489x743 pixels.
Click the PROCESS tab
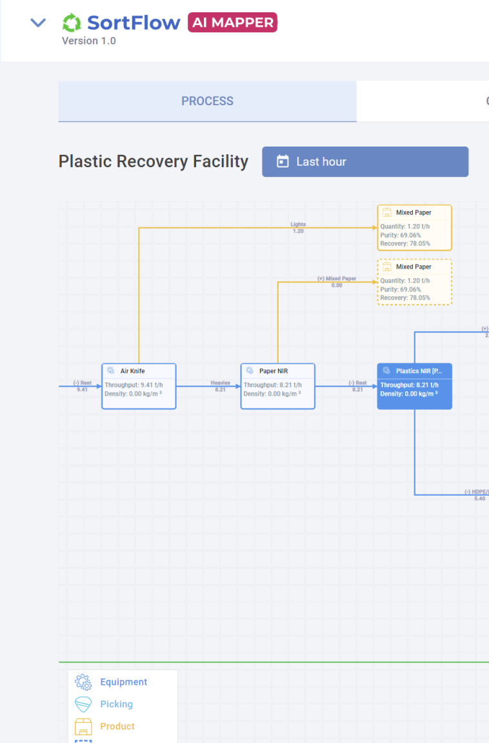click(207, 101)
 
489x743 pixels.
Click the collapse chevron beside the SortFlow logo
click(39, 23)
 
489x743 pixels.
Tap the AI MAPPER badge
click(233, 23)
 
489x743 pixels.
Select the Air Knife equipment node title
click(133, 371)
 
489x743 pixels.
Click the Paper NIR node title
click(273, 371)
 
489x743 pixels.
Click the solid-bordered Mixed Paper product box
click(414, 227)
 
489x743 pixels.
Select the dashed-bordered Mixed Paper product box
click(414, 281)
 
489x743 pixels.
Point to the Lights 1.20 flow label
click(298, 227)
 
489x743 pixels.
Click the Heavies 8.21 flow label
click(221, 386)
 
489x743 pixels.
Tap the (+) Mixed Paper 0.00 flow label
click(337, 281)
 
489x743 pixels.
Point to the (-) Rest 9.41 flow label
click(82, 386)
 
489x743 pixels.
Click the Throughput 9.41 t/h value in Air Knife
click(134, 385)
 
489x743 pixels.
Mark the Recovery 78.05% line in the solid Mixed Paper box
click(405, 243)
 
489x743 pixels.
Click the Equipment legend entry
click(123, 682)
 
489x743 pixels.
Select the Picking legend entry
click(116, 704)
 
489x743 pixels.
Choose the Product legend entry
click(117, 726)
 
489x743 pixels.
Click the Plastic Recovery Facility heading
click(154, 161)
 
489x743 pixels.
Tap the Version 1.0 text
click(89, 41)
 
